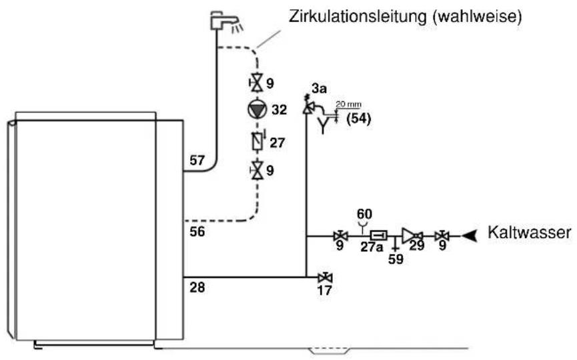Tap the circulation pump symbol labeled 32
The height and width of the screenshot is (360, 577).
click(x=257, y=109)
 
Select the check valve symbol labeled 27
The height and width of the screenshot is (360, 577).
click(x=257, y=141)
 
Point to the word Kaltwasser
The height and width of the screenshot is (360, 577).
click(x=529, y=233)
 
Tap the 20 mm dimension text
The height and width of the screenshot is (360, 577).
click(x=348, y=105)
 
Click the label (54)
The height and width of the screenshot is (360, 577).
click(x=359, y=119)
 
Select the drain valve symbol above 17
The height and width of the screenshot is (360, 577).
click(x=325, y=277)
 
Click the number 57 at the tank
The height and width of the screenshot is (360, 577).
click(x=197, y=160)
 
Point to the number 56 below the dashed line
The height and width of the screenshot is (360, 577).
click(x=197, y=231)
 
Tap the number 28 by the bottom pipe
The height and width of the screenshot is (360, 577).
click(x=197, y=287)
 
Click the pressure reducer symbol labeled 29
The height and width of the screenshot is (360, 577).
click(x=412, y=236)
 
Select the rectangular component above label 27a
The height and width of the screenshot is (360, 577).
click(x=379, y=235)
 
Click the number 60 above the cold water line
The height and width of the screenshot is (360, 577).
click(x=364, y=213)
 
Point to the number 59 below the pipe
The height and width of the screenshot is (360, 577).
click(x=396, y=259)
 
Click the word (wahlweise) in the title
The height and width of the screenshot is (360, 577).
click(x=478, y=17)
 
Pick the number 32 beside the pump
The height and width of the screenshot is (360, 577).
click(x=279, y=109)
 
